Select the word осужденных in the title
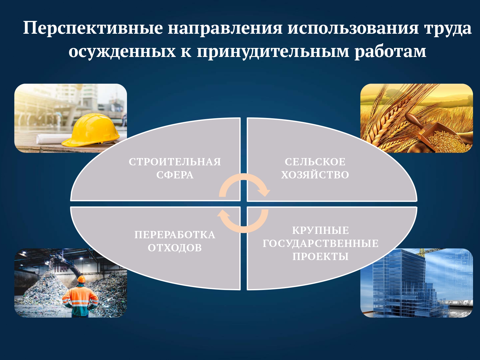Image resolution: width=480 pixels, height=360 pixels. (x=122, y=52)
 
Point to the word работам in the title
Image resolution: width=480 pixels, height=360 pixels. (x=390, y=51)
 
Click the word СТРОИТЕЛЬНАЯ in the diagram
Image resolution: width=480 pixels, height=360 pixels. (x=175, y=162)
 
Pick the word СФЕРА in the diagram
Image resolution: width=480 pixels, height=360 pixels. (x=175, y=175)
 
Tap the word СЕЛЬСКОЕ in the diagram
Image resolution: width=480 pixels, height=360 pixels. (x=315, y=162)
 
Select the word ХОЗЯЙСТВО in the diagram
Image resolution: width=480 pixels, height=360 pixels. (x=315, y=175)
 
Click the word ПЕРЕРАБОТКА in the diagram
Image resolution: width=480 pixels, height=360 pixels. (x=175, y=235)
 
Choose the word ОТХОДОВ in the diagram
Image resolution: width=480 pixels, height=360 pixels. (x=175, y=248)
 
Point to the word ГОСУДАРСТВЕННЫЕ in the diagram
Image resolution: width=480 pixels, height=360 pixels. (x=320, y=243)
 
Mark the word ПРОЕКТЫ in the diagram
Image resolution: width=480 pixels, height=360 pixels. (x=320, y=256)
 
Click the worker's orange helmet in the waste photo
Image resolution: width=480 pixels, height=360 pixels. (x=82, y=279)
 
